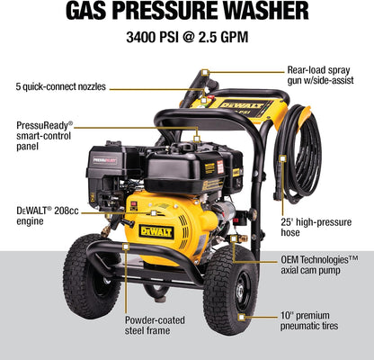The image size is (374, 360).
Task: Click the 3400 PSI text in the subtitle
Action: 152,38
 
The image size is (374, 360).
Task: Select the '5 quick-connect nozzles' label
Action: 61,86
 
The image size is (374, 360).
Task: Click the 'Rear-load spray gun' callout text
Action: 321,75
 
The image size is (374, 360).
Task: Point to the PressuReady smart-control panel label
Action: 45,135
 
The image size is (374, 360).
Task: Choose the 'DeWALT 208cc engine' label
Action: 48,216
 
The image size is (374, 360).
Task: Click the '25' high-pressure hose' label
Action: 316,227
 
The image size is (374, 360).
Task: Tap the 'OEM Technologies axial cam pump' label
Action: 319,265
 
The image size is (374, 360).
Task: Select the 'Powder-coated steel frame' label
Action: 155,325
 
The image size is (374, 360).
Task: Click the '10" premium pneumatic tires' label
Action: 309,320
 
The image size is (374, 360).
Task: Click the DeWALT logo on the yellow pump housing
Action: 156,231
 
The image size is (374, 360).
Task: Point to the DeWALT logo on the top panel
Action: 242,105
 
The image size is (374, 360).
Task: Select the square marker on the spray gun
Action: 205,73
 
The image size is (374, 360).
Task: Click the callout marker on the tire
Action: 241,317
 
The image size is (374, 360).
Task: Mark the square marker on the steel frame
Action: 126,247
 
